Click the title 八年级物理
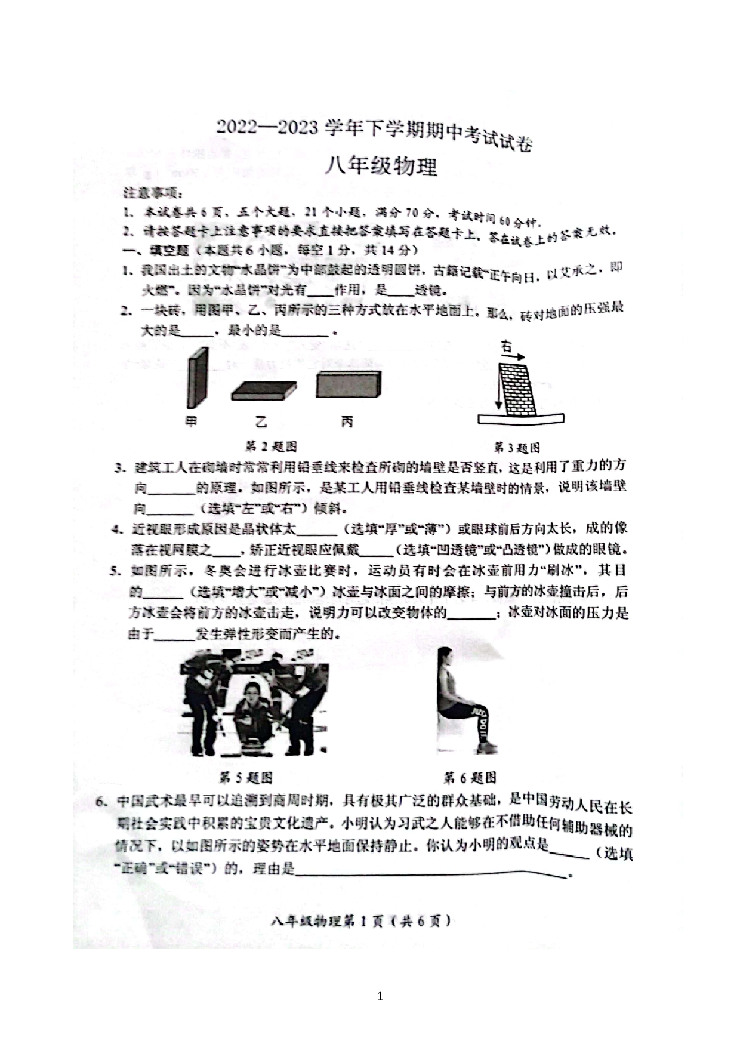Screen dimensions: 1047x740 click(380, 167)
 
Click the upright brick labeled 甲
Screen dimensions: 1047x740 click(198, 378)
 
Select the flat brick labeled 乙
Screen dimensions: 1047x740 click(263, 390)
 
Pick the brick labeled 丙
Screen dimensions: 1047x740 click(348, 384)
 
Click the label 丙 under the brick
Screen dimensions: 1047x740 click(347, 422)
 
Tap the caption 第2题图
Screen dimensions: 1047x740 click(271, 446)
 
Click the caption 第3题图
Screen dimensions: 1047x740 click(517, 448)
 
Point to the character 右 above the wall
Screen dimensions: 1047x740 click(507, 346)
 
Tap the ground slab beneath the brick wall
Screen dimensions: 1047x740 click(520, 419)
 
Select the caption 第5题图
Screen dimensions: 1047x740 click(246, 777)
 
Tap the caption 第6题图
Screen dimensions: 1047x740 click(470, 777)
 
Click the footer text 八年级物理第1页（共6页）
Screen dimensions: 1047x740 click(360, 921)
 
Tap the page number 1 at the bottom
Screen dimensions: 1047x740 click(380, 996)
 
